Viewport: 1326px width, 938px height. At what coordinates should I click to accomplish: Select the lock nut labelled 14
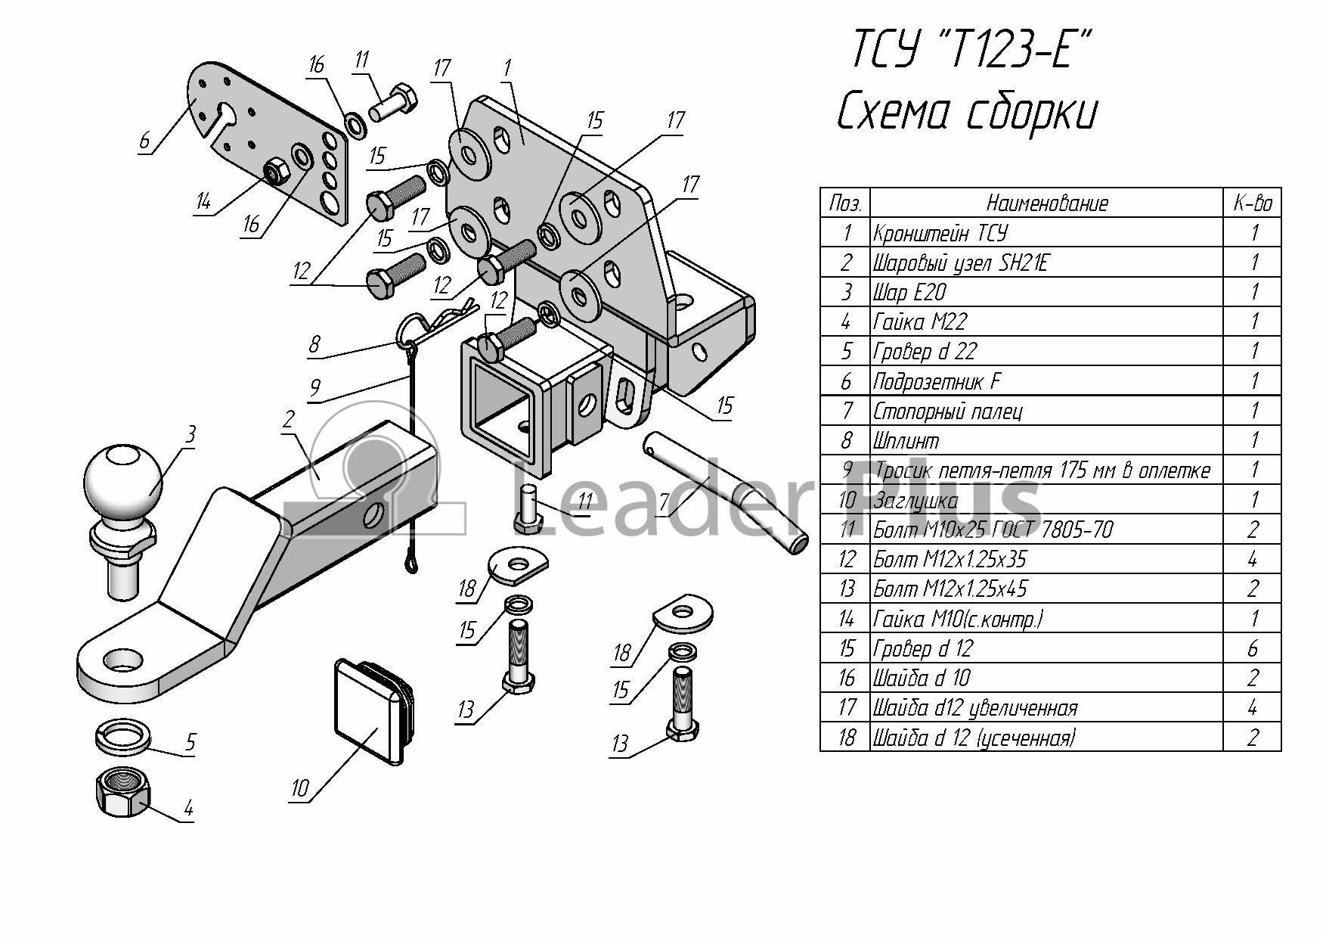click(x=274, y=173)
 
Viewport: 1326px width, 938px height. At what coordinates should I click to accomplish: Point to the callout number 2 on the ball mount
click(x=288, y=419)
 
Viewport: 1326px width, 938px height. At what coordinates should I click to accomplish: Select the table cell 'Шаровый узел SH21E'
click(x=960, y=262)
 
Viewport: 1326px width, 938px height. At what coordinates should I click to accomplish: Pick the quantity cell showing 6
click(x=1253, y=649)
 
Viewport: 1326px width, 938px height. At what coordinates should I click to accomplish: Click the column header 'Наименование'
click(x=1047, y=203)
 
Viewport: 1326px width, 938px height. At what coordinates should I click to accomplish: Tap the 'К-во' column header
click(x=1253, y=203)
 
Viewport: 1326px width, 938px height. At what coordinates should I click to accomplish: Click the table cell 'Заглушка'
click(x=915, y=500)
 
